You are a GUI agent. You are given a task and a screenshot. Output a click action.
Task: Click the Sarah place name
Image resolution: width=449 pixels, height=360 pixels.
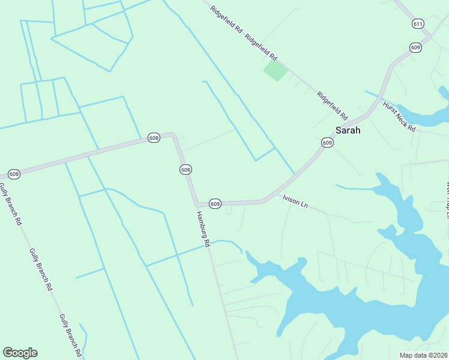point(348,130)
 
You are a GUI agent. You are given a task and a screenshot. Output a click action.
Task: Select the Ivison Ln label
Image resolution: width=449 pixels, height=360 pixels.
point(295,205)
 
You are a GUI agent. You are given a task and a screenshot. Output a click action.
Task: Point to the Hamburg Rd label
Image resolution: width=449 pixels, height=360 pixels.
point(203,229)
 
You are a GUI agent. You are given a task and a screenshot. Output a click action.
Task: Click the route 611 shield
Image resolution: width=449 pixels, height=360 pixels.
point(418,23)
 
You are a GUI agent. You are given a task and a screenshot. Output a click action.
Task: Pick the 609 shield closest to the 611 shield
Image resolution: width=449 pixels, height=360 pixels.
point(416,47)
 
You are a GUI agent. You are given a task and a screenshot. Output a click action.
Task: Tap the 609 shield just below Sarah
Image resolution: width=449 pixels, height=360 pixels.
point(327,142)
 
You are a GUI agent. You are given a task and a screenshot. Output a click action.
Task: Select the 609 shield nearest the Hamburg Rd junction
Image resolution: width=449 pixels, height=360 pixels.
point(215,203)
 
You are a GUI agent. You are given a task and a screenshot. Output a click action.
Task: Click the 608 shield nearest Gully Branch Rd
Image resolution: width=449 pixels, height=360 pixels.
point(14,174)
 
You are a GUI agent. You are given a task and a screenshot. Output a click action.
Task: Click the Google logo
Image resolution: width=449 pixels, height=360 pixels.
point(20,353)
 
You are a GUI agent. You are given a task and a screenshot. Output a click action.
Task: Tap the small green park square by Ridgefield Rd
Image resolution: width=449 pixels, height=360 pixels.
point(275,71)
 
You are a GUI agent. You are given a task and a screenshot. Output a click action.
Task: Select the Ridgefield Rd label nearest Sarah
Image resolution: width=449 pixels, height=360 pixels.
point(333,103)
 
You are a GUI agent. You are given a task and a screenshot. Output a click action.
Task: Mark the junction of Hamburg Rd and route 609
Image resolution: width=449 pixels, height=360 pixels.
point(196,205)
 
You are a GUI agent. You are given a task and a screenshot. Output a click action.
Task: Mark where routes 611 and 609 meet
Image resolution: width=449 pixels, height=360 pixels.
point(430,37)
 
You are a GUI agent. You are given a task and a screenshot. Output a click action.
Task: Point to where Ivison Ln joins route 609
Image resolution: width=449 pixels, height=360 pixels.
point(263,201)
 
